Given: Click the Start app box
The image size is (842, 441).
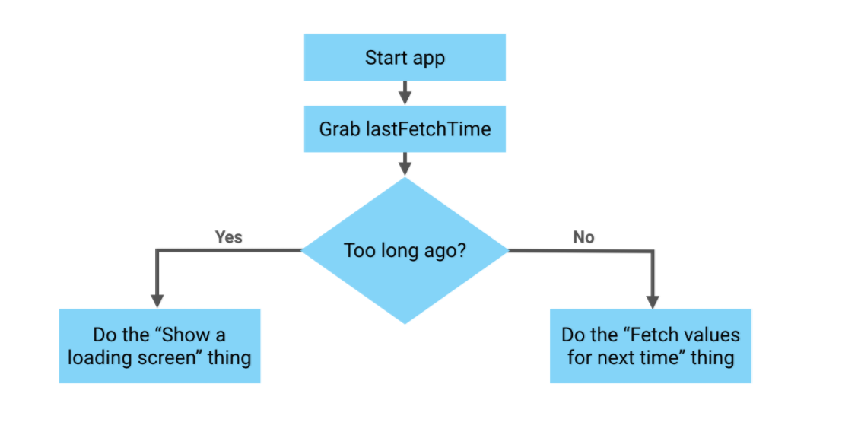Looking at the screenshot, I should (x=405, y=58).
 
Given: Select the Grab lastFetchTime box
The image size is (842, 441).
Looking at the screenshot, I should (x=405, y=128).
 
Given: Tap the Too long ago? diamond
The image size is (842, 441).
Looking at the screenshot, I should (x=405, y=250).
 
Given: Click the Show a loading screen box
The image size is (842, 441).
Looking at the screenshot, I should (x=160, y=345).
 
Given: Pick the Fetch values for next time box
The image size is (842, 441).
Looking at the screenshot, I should (x=650, y=345).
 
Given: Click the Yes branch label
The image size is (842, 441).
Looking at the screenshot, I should (x=228, y=237).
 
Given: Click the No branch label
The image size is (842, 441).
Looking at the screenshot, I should (x=583, y=237).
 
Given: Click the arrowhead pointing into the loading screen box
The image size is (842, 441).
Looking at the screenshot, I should (x=157, y=300).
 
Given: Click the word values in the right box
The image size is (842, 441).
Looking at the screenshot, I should (x=710, y=335).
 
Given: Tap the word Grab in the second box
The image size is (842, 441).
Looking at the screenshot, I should (x=338, y=128).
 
